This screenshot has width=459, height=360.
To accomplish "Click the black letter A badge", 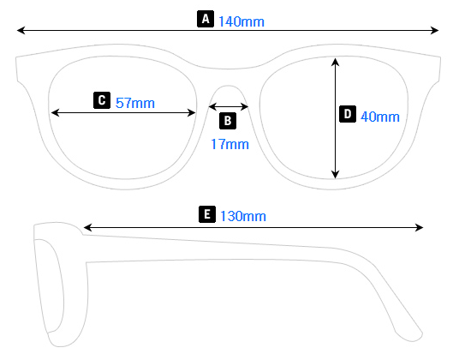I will point(206,19).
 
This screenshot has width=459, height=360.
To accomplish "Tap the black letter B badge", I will point(228,121).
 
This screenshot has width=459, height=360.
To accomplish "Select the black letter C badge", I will point(102,100).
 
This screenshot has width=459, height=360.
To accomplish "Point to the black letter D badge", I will point(348,114).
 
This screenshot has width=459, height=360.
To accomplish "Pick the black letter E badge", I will point(206,214).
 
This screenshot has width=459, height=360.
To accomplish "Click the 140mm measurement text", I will point(241,20).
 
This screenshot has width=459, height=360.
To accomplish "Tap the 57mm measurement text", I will point(134,102).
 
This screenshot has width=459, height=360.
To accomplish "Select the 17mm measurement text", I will point(229,144).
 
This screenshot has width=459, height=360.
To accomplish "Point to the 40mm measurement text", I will point(379,116).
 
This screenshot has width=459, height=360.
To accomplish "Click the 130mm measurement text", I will point(243,215).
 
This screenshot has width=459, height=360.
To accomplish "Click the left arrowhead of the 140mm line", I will point(21,31).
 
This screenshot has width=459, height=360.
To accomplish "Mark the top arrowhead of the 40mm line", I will point(336,62).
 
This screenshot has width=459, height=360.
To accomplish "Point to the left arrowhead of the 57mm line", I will point(55,112).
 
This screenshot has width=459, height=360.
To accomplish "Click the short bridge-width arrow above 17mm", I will point(229,107).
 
